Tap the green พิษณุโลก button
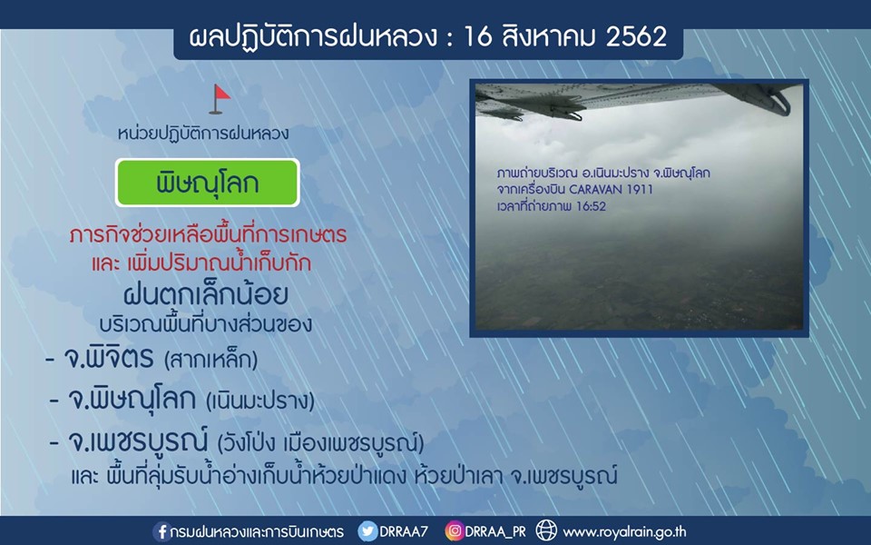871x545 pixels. [x=207, y=183]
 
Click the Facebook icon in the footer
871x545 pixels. [x=161, y=531]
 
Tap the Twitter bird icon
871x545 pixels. [x=367, y=531]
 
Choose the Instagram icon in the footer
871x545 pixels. [x=454, y=531]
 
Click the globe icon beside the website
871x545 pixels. [x=546, y=531]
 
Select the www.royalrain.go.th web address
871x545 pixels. [x=624, y=532]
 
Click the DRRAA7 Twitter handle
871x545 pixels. [x=404, y=531]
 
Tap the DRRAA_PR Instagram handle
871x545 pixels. [x=495, y=531]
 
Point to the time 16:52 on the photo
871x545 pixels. [x=591, y=206]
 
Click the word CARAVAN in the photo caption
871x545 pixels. [x=597, y=189]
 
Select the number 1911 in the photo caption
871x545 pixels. [x=640, y=189]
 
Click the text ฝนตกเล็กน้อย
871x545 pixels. [x=206, y=294]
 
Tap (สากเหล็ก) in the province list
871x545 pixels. [x=211, y=361]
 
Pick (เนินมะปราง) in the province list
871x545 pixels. [x=260, y=401]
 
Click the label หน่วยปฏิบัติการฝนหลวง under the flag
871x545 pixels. [x=202, y=134]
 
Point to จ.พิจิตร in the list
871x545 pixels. [x=108, y=358]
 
